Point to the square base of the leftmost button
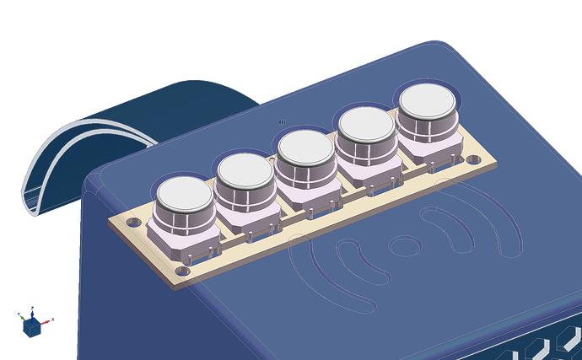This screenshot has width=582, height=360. coord(181,245)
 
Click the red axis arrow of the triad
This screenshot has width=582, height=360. coord(49,320)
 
